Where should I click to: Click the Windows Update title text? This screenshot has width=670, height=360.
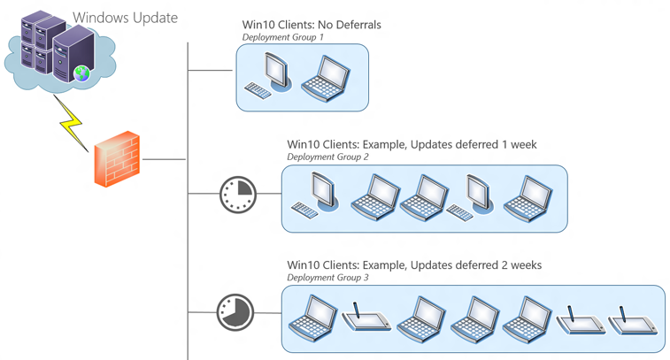tap(125, 18)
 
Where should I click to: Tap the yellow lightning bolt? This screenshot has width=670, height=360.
tap(69, 121)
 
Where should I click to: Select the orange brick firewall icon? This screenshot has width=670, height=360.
tap(117, 159)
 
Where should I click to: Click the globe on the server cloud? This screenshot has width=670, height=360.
tap(82, 73)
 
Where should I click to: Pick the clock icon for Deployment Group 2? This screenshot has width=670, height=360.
tap(237, 194)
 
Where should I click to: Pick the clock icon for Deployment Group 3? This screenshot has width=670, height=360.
tap(235, 312)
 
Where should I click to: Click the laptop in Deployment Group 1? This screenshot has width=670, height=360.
tap(325, 78)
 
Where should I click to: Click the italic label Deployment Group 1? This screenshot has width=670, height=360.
tap(283, 38)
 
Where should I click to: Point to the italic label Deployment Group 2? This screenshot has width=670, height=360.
tap(327, 157)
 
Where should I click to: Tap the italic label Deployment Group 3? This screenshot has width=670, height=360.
tap(327, 278)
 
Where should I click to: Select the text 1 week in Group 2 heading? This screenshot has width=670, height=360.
tap(516, 144)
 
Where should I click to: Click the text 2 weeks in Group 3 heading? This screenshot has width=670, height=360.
tap(518, 264)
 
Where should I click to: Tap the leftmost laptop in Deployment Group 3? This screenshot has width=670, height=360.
tap(313, 318)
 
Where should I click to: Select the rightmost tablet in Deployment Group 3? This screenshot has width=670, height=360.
tap(632, 320)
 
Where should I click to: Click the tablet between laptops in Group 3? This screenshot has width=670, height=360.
tap(366, 318)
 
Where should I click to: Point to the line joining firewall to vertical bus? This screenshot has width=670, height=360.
tap(164, 160)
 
